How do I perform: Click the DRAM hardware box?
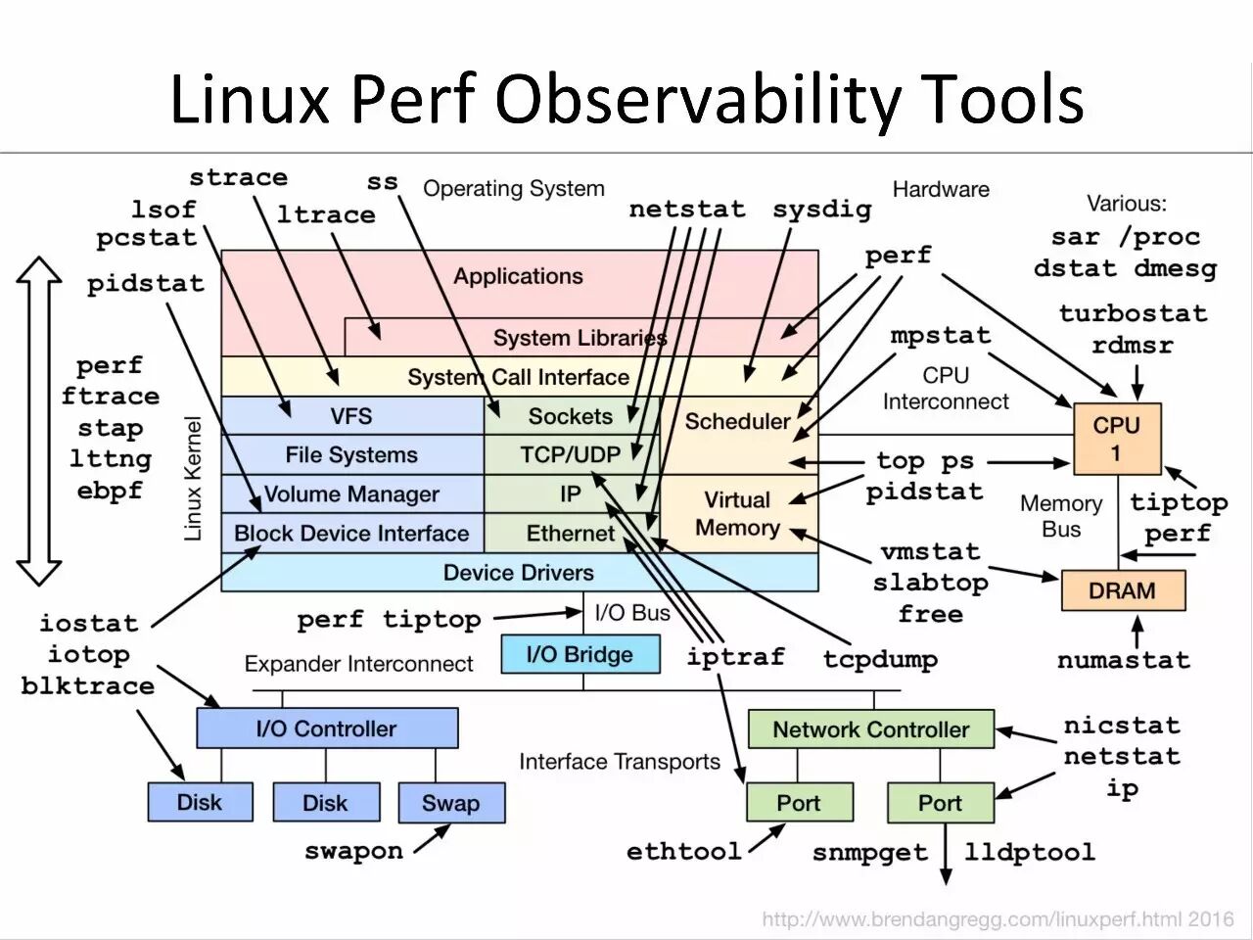point(1123,590)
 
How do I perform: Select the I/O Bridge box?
point(580,654)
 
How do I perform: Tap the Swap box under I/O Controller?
point(451,803)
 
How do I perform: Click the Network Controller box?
point(870,729)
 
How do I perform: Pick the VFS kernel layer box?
point(351,416)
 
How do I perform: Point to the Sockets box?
point(571,416)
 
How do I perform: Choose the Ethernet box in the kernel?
point(571,534)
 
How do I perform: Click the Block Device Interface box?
point(351,534)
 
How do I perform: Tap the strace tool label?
point(238,178)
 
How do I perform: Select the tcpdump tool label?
point(880,659)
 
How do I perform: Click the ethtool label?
point(683,851)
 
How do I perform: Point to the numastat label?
point(1123,660)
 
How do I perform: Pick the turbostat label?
point(1133,313)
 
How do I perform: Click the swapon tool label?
point(353,851)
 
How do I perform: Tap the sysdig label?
point(821,210)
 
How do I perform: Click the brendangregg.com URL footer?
point(998,919)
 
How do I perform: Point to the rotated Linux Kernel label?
point(193,478)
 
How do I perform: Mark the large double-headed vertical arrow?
point(39,421)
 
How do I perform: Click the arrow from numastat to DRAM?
point(1137,630)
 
